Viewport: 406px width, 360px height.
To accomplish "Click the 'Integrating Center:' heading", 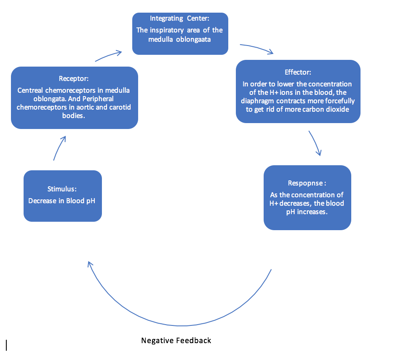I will click(180, 19).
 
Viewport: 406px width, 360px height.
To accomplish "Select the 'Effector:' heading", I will click(298, 72).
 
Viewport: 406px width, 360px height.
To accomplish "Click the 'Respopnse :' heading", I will click(307, 183).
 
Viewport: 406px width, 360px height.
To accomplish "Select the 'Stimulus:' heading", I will click(62, 188).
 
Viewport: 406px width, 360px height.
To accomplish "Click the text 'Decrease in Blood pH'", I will click(62, 201).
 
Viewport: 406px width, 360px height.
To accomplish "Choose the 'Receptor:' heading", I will click(74, 78).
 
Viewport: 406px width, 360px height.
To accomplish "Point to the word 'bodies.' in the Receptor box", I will click(74, 116).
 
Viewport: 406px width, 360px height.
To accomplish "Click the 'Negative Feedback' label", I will click(176, 340).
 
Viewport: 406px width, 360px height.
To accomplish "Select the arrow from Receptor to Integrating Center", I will click(109, 56).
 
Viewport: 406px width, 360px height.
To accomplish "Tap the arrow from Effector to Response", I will click(315, 143).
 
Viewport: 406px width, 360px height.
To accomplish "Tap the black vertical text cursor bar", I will click(6, 345).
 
